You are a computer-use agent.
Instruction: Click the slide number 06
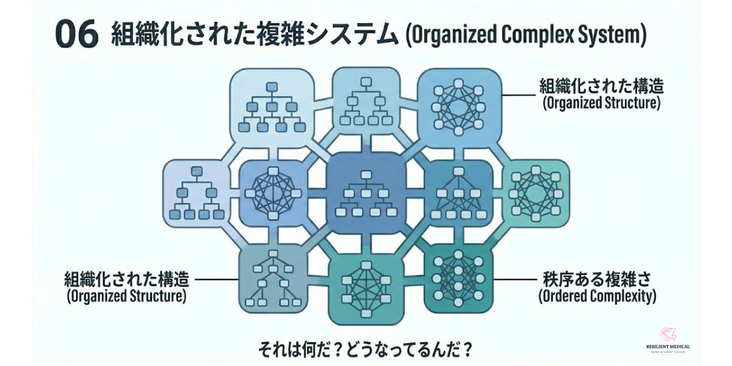pyautogui.click(x=76, y=35)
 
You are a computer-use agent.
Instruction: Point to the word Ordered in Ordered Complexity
pyautogui.click(x=565, y=297)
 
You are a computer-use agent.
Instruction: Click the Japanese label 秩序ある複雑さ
pyautogui.click(x=597, y=280)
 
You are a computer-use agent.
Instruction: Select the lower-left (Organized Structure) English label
pyautogui.click(x=126, y=297)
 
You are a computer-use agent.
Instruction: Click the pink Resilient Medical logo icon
pyautogui.click(x=667, y=334)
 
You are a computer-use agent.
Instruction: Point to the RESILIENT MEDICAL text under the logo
pyautogui.click(x=667, y=346)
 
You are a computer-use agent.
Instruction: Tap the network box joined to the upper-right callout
pyautogui.click(x=458, y=102)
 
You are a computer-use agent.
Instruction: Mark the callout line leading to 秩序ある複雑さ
pyautogui.click(x=514, y=280)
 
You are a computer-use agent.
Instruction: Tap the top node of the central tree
pyautogui.click(x=366, y=175)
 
